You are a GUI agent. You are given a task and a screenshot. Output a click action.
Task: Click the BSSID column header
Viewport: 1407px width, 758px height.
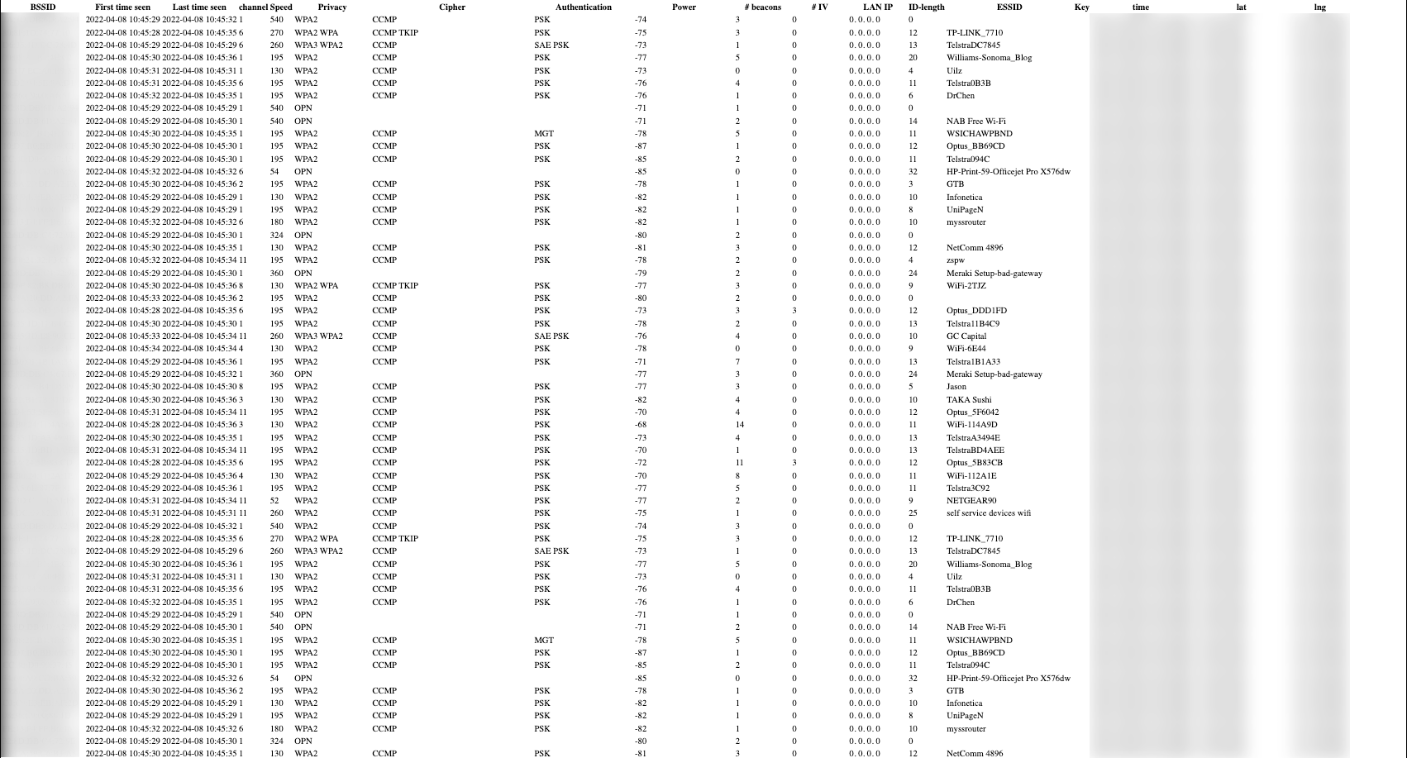click(x=42, y=7)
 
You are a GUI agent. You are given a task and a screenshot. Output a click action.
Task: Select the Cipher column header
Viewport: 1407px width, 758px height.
click(x=451, y=7)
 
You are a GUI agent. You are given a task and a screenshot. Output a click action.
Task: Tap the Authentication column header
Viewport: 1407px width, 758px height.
click(x=583, y=7)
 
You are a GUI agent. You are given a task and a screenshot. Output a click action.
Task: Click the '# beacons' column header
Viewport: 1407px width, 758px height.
click(x=762, y=7)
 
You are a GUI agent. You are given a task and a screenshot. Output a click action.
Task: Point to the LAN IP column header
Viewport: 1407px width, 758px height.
click(x=877, y=7)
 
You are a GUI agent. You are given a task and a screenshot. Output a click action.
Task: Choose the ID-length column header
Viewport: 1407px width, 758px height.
click(x=926, y=7)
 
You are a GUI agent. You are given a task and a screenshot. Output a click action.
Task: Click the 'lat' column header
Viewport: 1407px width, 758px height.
click(x=1241, y=7)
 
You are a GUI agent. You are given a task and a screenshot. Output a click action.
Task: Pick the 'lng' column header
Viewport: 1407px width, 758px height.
click(x=1319, y=7)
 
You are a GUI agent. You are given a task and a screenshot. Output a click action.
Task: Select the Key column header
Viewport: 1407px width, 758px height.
click(x=1081, y=7)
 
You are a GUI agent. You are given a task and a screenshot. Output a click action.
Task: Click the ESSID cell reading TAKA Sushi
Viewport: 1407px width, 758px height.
click(x=969, y=400)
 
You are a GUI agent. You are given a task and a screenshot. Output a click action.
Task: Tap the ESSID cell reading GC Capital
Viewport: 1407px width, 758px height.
click(x=966, y=336)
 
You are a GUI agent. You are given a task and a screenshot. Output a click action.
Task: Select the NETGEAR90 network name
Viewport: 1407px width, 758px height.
click(x=971, y=501)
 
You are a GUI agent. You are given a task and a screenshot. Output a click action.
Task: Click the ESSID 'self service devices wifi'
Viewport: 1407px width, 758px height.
click(x=988, y=513)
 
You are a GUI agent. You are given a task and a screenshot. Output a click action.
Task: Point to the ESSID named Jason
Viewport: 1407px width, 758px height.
click(x=956, y=387)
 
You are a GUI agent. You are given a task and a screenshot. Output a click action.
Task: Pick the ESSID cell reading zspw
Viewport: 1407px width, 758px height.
click(x=956, y=260)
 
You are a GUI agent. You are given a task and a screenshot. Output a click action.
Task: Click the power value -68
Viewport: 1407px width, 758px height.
click(x=641, y=425)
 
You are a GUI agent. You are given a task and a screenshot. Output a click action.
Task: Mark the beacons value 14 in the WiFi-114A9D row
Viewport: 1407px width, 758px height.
click(x=739, y=425)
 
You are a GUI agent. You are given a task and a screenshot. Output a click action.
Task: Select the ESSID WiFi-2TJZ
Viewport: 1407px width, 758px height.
click(x=966, y=286)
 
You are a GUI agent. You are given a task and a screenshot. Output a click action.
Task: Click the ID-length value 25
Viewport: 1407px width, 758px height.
click(x=913, y=513)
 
